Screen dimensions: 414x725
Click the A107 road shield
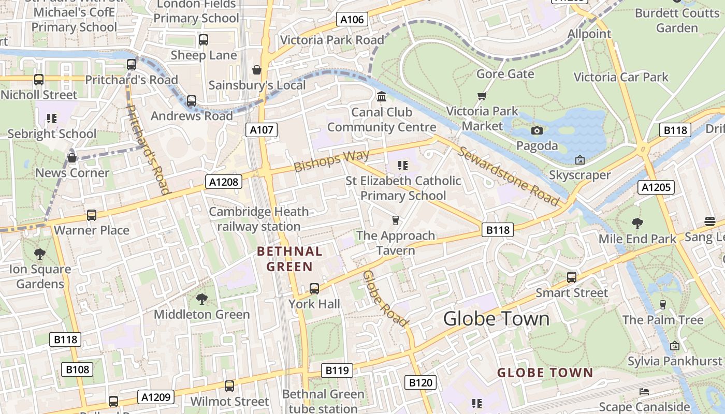261,130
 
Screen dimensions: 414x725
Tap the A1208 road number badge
223,182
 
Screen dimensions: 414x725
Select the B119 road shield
337,371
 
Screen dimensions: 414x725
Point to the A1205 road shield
656,187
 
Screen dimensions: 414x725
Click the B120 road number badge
420,383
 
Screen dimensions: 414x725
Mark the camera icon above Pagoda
537,130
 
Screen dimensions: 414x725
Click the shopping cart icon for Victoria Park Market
482,96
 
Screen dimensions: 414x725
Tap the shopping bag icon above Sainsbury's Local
256,70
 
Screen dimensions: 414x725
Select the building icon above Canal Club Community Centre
382,97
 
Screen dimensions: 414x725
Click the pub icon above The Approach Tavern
396,220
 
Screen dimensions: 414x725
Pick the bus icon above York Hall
314,289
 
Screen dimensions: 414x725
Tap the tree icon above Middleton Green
201,299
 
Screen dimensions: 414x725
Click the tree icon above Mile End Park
637,224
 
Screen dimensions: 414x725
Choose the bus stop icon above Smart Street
571,277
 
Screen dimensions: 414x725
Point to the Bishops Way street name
331,160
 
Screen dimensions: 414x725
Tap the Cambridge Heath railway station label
259,219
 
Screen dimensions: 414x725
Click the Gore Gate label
505,74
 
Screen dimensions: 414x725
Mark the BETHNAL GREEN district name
289,259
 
